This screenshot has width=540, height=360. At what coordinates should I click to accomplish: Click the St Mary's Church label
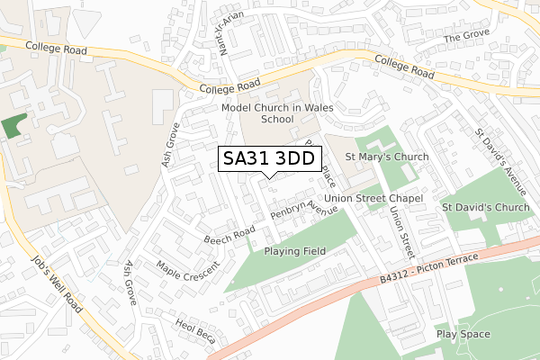point(387,157)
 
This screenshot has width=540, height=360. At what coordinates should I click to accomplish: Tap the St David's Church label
point(486,208)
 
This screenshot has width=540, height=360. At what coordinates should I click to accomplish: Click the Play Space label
point(463,333)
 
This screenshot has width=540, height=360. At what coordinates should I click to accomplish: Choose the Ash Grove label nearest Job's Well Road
point(130,283)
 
